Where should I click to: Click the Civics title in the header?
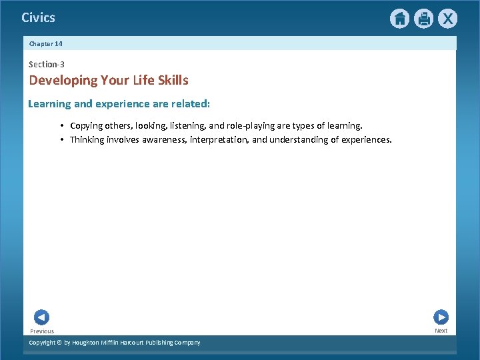[x=38, y=17]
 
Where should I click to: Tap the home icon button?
[x=399, y=19]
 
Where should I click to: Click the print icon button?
[x=423, y=19]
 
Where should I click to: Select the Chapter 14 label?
[x=45, y=43]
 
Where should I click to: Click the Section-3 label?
[x=47, y=64]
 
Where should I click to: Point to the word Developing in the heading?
[x=63, y=81]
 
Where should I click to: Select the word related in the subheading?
[x=191, y=104]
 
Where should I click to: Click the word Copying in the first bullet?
[x=89, y=125]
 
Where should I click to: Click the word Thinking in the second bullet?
[x=87, y=139]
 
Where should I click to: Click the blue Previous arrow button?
[x=41, y=317]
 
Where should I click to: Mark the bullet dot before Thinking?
[x=61, y=139]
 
